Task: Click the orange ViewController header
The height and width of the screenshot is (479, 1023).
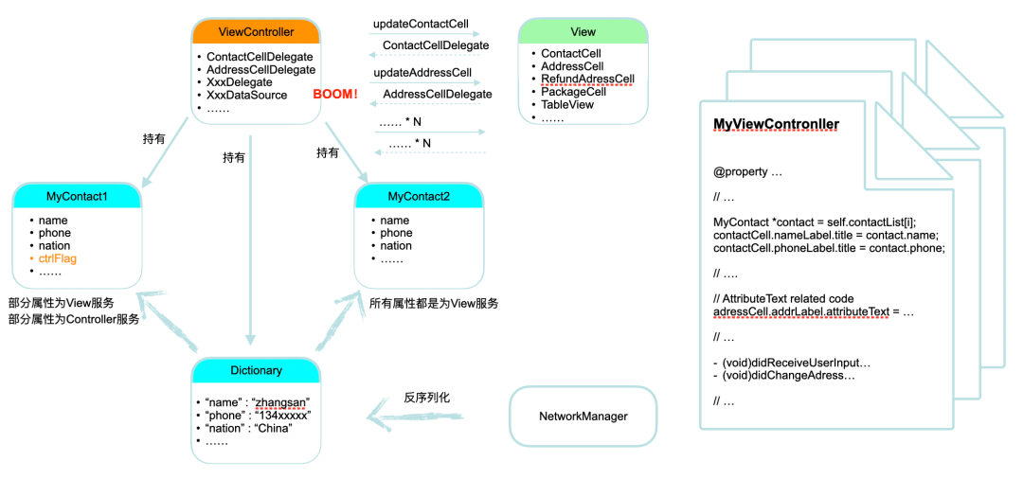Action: click(x=256, y=32)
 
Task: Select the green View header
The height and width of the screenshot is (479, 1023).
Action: click(x=583, y=32)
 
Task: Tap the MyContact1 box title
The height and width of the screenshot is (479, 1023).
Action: click(x=77, y=196)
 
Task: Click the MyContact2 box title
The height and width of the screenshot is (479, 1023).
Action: click(x=419, y=196)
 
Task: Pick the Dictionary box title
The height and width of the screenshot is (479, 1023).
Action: click(x=256, y=370)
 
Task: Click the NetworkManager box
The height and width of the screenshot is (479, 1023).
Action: click(x=583, y=416)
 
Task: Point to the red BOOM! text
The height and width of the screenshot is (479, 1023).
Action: click(x=335, y=94)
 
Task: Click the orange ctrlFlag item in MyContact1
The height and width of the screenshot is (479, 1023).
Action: click(x=58, y=258)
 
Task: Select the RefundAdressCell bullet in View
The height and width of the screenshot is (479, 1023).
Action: click(x=587, y=80)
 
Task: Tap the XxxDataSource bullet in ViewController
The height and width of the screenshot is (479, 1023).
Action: click(x=246, y=95)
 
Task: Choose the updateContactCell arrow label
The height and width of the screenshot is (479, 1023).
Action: click(x=422, y=24)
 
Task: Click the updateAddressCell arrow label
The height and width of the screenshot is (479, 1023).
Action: click(x=422, y=72)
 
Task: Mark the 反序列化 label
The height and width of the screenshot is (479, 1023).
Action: click(x=426, y=398)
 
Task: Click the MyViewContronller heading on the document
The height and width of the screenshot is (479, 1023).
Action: click(x=776, y=124)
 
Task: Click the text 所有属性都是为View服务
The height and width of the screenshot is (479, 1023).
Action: click(x=434, y=304)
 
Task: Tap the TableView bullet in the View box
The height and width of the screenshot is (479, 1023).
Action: click(x=567, y=105)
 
